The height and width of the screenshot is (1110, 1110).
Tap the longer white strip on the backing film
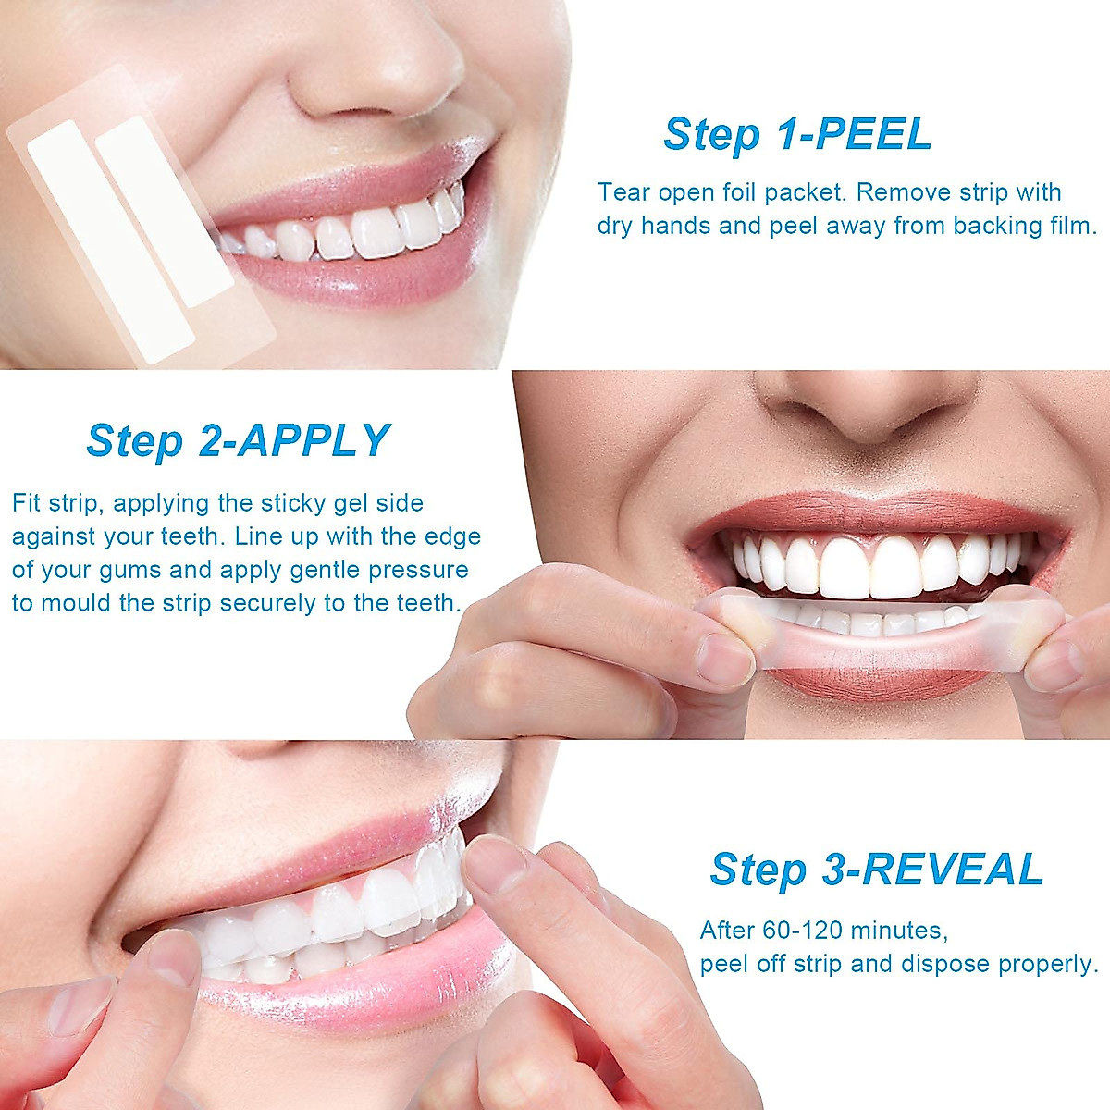pos(109,240)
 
